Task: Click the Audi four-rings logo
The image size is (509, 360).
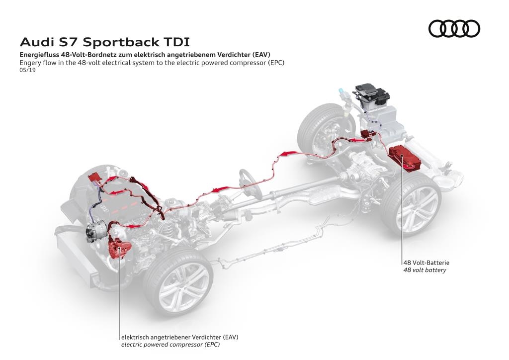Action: [454, 28]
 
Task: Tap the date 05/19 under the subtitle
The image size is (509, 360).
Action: [27, 70]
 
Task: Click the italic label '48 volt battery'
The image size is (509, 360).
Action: [424, 270]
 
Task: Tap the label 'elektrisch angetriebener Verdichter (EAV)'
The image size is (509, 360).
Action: [179, 337]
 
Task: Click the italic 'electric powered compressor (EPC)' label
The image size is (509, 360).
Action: [170, 344]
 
